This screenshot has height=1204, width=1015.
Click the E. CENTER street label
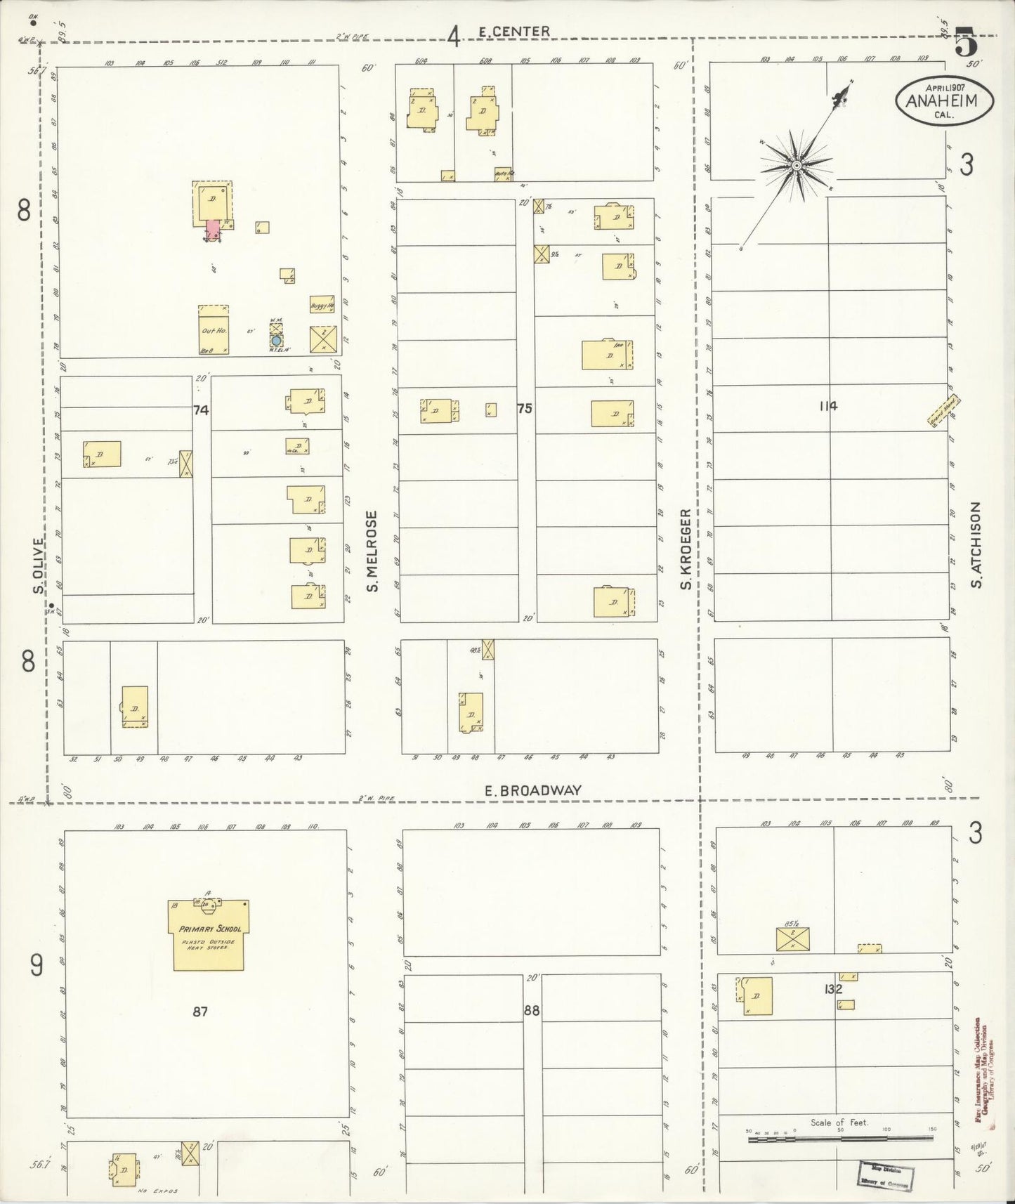point(513,32)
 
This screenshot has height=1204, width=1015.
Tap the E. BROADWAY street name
point(533,790)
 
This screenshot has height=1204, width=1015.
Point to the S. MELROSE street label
point(372,551)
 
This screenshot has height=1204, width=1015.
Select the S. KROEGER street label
point(686,551)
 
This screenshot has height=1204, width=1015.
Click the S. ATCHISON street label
point(976,545)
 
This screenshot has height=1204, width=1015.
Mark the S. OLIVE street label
point(38,566)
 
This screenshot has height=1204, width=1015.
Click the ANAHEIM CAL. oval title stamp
point(945,101)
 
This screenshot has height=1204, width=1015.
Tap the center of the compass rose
point(797,166)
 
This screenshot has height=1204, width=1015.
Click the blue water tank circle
point(276,341)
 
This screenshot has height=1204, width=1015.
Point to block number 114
point(828,405)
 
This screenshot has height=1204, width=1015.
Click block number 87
point(200,1011)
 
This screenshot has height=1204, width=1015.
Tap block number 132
point(834,989)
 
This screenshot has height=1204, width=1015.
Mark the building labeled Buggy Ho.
point(322,304)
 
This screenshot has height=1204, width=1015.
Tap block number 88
point(532,1011)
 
